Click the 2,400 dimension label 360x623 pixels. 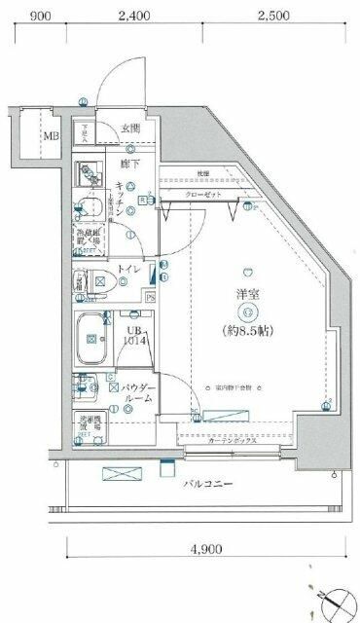(133, 15)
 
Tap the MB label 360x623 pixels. (50, 135)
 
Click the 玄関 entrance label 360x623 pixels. (131, 128)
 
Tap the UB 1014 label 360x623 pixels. (133, 335)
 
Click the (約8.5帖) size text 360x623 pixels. (249, 330)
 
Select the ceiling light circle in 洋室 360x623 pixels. (249, 311)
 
